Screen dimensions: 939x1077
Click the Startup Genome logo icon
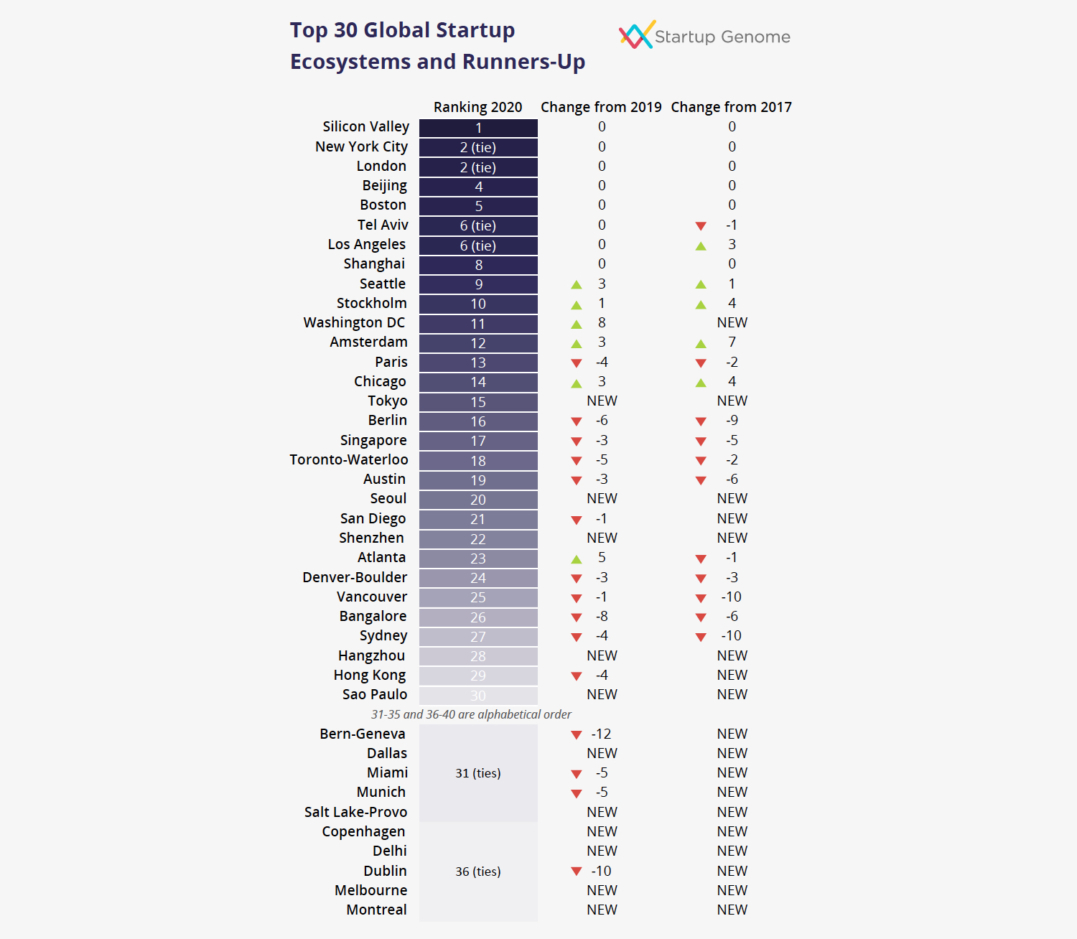[x=636, y=34]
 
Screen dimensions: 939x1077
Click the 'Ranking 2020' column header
[x=477, y=107]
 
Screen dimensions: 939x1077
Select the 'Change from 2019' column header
[x=601, y=107]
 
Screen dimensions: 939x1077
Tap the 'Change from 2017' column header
[x=731, y=107]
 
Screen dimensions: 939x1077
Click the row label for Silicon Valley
[x=365, y=126]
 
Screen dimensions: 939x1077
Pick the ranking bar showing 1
[x=478, y=128]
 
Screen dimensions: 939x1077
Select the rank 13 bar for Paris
[x=478, y=363]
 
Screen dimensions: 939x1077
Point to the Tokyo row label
[x=387, y=401]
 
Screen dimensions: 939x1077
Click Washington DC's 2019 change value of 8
[x=602, y=322]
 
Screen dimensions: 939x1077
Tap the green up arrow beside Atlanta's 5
[x=576, y=559]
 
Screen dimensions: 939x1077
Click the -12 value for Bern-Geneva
[x=601, y=734]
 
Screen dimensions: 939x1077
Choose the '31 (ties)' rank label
[x=478, y=773]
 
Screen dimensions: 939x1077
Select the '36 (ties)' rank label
[x=478, y=872]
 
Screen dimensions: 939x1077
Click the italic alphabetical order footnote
[x=471, y=714]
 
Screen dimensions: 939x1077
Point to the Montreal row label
[x=376, y=910]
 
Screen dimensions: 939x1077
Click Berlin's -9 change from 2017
[x=732, y=420]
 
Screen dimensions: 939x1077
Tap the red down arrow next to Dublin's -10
[x=576, y=871]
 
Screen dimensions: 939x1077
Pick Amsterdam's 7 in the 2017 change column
[x=732, y=342]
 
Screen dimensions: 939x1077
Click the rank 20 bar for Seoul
[x=478, y=500]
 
